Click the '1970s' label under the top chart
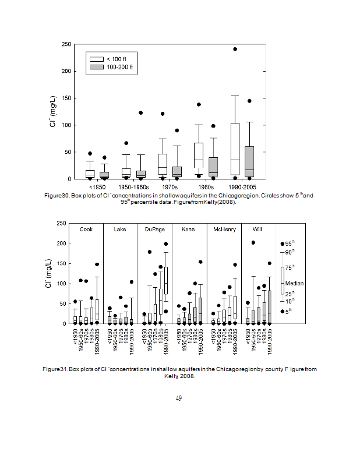169,186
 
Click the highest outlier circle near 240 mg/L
235,49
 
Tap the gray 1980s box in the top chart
213,167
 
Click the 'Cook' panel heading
86,230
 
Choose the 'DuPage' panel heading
154,230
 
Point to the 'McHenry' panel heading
224,230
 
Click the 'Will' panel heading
257,230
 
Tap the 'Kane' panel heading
188,230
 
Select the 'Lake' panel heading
119,230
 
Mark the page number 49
179,398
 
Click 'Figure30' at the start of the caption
57,196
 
